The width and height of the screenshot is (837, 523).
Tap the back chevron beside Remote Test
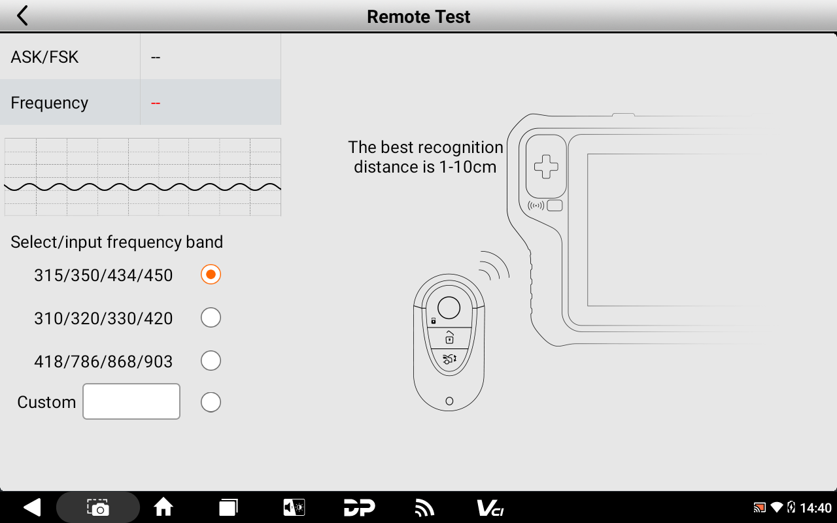[x=22, y=16]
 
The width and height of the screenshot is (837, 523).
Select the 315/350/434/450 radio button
[x=211, y=275]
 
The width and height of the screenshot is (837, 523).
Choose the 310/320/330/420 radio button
[x=211, y=318]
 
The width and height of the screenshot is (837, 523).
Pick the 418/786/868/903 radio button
[x=211, y=361]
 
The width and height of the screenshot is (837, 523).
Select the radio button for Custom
[x=211, y=402]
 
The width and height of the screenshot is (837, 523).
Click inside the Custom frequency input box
[x=131, y=401]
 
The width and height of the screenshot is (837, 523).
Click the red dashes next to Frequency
[x=156, y=103]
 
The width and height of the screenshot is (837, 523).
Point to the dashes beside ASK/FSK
[x=156, y=58]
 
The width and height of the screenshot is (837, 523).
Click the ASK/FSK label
[x=44, y=57]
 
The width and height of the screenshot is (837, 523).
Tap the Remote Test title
[x=418, y=17]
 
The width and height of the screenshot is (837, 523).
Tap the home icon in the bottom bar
[x=163, y=507]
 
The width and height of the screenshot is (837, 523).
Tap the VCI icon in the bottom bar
[x=490, y=508]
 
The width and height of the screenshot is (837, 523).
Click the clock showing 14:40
[x=815, y=508]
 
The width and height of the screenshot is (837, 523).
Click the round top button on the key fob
[x=449, y=308]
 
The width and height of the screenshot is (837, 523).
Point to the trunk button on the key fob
[x=449, y=359]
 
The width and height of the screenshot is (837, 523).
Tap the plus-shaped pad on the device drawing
[x=546, y=167]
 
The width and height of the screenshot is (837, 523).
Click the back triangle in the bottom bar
[x=32, y=507]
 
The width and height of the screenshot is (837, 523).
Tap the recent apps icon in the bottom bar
[x=228, y=507]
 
